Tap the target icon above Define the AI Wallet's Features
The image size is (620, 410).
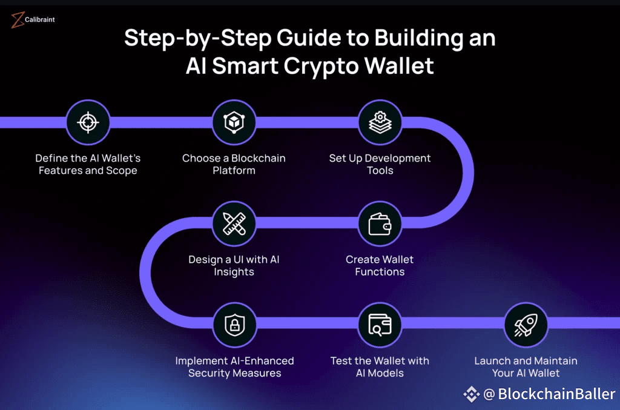click(x=88, y=122)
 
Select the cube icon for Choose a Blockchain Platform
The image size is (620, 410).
click(x=234, y=122)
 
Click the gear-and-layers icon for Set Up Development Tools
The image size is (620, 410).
click(x=380, y=122)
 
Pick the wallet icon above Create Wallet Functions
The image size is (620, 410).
click(x=380, y=224)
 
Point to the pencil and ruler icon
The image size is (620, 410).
click(x=234, y=224)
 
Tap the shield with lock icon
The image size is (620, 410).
click(x=234, y=325)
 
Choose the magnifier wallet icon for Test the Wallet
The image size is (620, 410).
click(x=380, y=325)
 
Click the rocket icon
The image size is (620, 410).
click(x=526, y=325)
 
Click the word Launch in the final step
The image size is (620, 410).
click(x=492, y=361)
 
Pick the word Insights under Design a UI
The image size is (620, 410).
click(x=234, y=272)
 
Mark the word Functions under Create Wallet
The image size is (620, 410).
click(x=380, y=272)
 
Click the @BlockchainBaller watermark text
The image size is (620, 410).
click(x=549, y=394)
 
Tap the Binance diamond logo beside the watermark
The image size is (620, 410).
click(x=471, y=394)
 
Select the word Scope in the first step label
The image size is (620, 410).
click(x=122, y=171)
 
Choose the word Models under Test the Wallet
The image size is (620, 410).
click(x=387, y=373)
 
